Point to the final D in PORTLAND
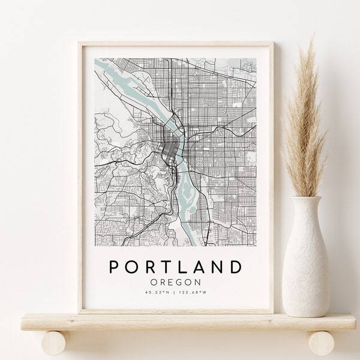pos(238,266)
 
